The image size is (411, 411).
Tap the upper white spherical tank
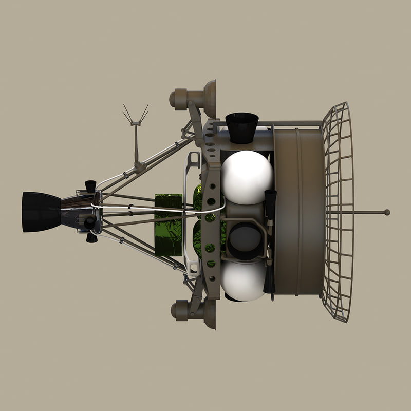(247, 177)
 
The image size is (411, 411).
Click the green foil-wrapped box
(169, 225)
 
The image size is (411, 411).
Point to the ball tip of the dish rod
(387, 212)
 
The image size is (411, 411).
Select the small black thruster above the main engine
(90, 185)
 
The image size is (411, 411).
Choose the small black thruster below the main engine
(91, 237)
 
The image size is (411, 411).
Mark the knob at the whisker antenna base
(137, 165)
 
